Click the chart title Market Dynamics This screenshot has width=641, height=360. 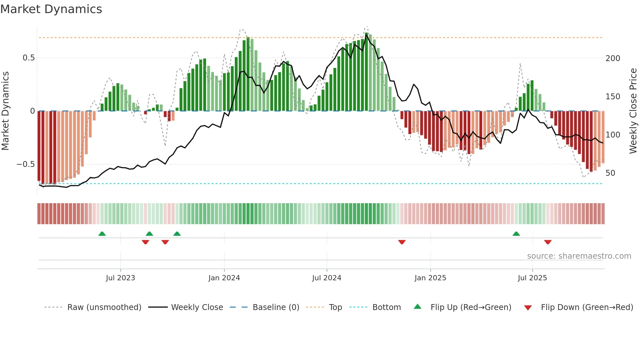point(51,9)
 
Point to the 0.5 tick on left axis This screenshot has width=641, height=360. point(28,58)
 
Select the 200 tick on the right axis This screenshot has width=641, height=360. point(613,58)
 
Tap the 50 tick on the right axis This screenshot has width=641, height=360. point(610,173)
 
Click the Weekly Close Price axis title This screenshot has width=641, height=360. point(633,111)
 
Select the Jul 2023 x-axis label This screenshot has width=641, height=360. point(120,278)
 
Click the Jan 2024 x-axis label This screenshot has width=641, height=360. point(224,278)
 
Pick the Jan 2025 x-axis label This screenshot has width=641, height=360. point(430,278)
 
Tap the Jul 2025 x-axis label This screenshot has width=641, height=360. point(532,278)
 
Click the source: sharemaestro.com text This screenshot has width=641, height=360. point(579,256)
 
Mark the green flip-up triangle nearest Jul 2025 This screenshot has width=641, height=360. point(516,234)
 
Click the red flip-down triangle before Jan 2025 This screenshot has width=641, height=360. point(402,242)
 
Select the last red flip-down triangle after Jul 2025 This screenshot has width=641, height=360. point(548,242)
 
